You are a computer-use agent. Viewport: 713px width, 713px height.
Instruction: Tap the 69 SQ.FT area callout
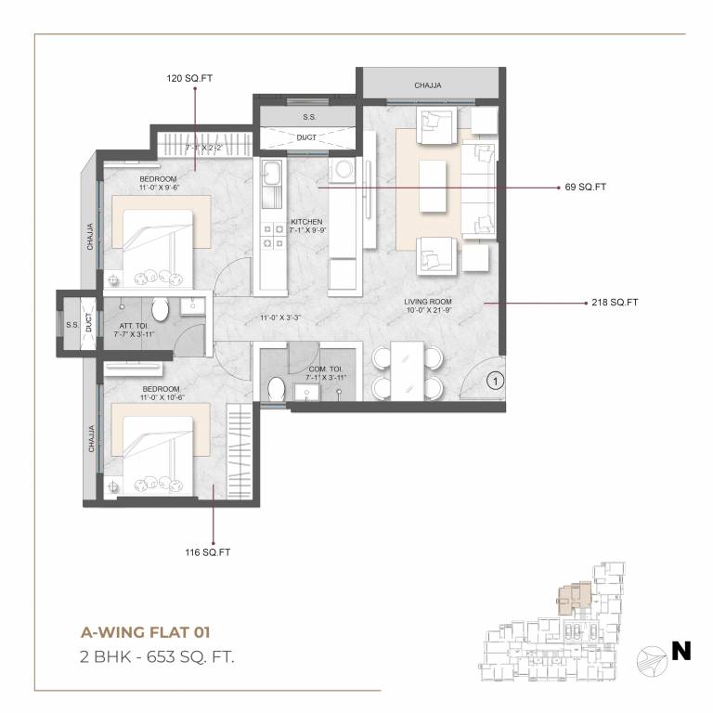coord(585,187)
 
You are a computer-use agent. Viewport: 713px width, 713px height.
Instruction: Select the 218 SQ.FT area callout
coord(614,303)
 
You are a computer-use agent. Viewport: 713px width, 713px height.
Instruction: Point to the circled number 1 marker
coord(495,380)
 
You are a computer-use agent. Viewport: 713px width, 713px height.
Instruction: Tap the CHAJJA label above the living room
coord(428,85)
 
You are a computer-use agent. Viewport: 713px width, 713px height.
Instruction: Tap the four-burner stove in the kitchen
coord(274,236)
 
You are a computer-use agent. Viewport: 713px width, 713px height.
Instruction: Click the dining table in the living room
coord(407,370)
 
